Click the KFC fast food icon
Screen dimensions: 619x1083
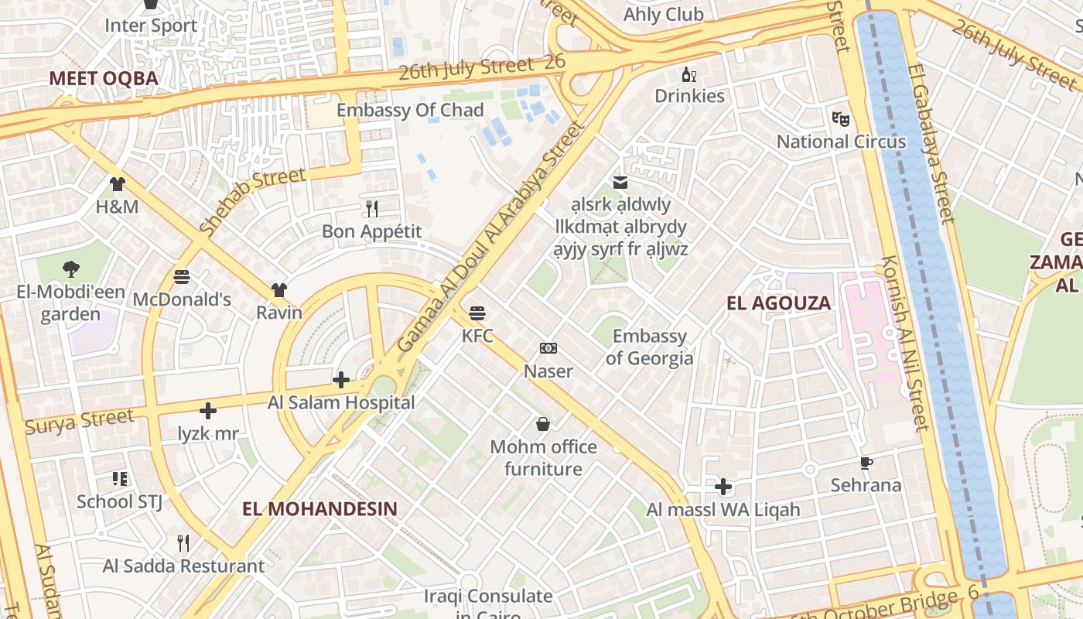(477, 313)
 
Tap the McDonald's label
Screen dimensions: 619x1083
(182, 299)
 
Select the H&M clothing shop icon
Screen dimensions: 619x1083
(117, 184)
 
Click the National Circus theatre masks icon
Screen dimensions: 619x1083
(841, 118)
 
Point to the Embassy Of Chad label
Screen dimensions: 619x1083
(410, 111)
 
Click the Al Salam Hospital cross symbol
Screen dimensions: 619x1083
(340, 379)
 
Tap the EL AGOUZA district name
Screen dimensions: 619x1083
(779, 303)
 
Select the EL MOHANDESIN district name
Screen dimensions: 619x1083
(319, 509)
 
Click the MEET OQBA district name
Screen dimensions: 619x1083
(104, 78)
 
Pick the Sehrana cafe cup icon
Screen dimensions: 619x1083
(866, 463)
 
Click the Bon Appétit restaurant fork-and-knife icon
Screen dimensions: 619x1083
(372, 208)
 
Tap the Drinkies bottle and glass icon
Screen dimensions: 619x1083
(689, 74)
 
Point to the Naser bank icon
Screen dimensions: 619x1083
(548, 348)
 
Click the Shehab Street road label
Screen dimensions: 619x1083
(252, 201)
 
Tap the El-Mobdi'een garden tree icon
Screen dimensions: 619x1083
(70, 269)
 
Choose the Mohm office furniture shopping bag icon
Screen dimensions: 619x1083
(543, 423)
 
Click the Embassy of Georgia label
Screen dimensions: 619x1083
(649, 347)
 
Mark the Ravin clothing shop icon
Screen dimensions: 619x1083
(279, 290)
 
